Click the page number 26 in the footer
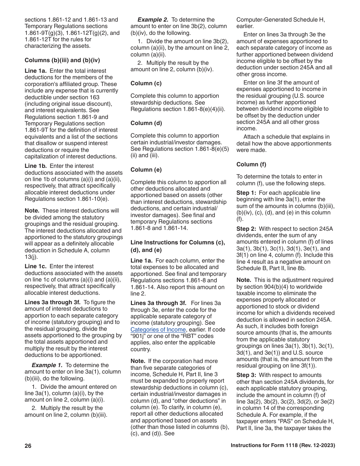28,446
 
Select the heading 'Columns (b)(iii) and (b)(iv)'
62,60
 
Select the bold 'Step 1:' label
247,193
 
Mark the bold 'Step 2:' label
247,229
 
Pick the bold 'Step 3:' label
247,375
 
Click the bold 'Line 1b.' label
36,166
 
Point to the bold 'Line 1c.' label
36,266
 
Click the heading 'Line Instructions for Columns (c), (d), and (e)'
178,246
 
